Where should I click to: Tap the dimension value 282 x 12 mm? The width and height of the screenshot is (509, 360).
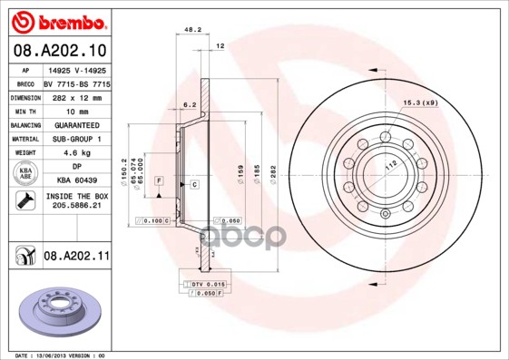tap(75, 96)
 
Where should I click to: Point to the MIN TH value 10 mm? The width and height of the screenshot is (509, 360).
tap(75, 111)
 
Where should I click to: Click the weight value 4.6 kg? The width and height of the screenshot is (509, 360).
tap(75, 153)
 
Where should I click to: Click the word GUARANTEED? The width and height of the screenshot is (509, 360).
tap(75, 125)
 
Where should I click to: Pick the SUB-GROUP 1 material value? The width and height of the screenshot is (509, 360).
tap(75, 139)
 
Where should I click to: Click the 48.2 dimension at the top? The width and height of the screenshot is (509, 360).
tap(192, 30)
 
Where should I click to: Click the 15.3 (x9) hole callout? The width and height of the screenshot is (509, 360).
tap(419, 103)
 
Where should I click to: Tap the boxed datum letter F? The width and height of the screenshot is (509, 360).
tap(159, 182)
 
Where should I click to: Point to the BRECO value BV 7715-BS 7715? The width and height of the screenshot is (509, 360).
tap(75, 83)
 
